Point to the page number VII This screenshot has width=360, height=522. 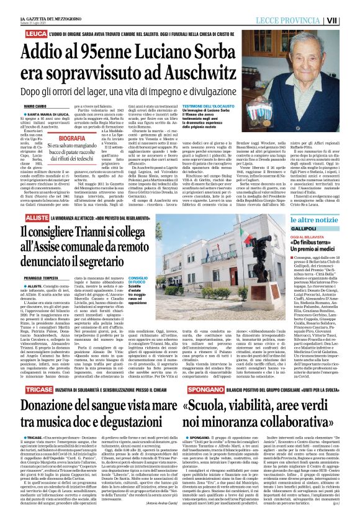[x=350, y=21]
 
